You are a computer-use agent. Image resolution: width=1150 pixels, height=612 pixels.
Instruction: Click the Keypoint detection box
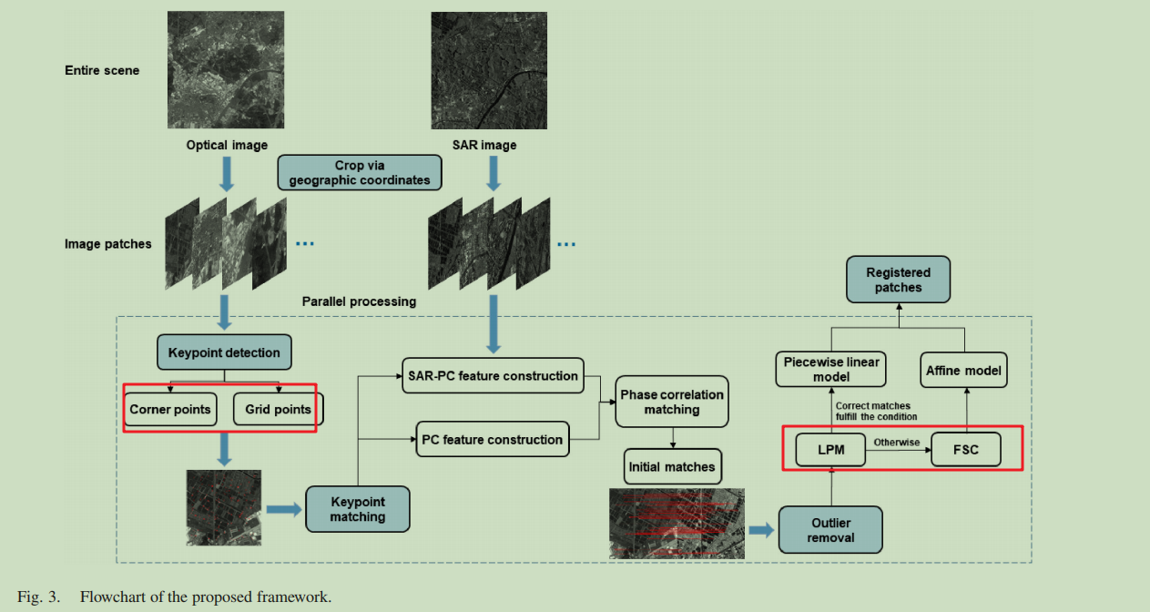[224, 352]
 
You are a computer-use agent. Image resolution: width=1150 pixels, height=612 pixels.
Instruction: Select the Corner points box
[170, 409]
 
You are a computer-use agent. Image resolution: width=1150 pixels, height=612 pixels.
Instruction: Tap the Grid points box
[278, 409]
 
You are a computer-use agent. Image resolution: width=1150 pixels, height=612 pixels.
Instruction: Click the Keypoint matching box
[358, 509]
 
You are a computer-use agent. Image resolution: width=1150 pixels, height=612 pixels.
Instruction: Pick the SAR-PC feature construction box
[492, 375]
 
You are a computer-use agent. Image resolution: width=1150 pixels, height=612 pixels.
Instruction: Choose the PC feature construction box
[492, 439]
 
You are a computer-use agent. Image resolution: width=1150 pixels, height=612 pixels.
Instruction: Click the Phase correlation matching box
[672, 402]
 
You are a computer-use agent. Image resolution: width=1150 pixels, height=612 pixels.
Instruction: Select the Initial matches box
[672, 467]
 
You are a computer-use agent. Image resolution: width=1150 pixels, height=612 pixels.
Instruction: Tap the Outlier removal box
[830, 530]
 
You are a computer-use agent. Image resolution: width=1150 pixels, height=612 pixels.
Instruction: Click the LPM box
[830, 450]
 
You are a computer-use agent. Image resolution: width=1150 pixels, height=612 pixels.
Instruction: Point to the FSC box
[965, 450]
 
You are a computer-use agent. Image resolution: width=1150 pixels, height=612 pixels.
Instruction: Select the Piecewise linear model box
[831, 369]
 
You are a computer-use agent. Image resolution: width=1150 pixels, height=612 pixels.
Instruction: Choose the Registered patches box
[898, 280]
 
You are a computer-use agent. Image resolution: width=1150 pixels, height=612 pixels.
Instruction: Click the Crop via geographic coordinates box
[360, 172]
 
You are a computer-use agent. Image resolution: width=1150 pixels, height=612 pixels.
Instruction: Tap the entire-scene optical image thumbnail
[226, 70]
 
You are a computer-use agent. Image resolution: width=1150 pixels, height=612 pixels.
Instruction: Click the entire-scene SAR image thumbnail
[489, 70]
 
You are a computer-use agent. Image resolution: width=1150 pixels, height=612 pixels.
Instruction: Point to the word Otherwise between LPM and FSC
[897, 443]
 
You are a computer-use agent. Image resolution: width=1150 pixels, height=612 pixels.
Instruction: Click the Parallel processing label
[359, 301]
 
